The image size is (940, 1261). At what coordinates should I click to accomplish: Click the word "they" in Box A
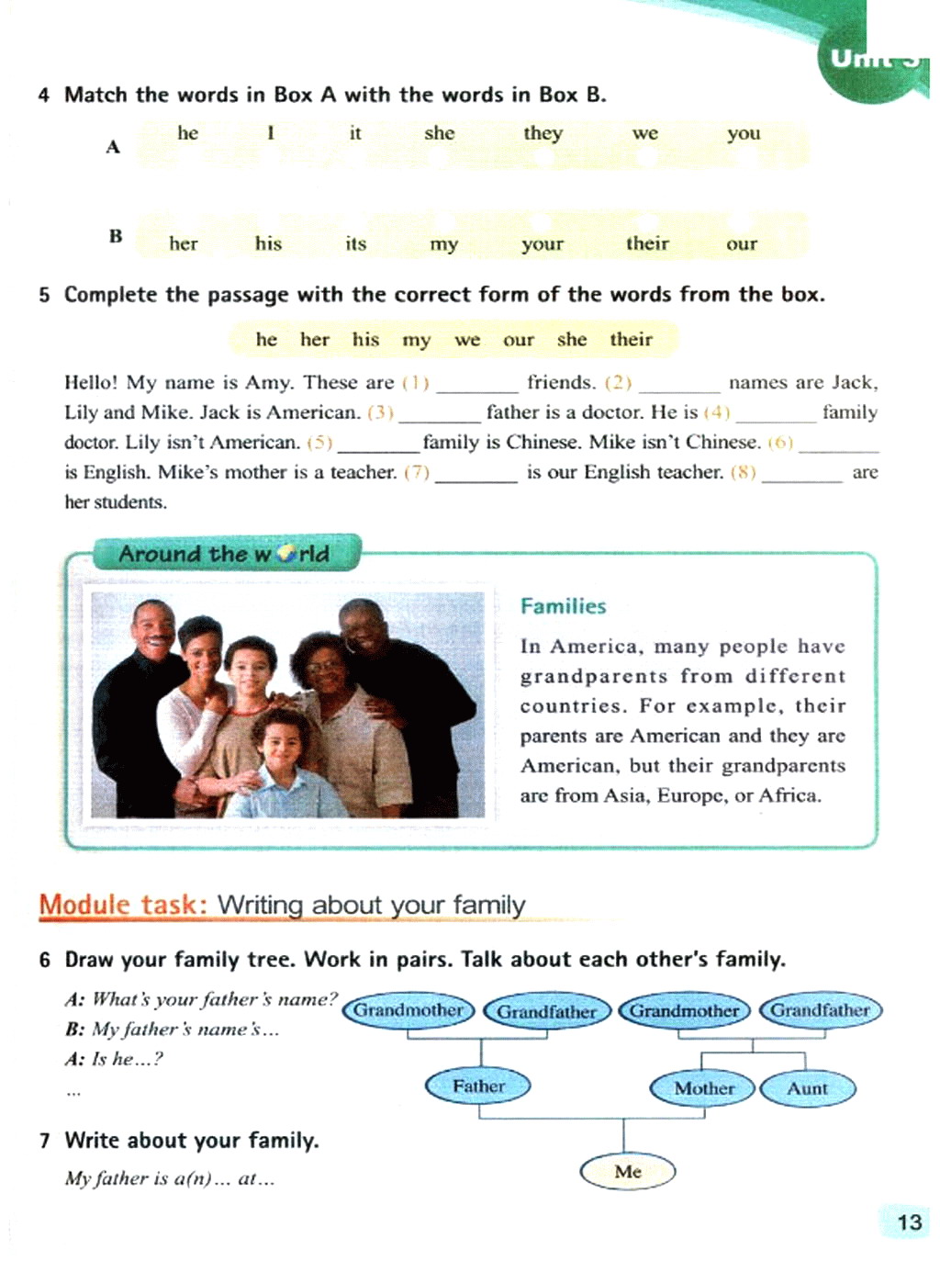tap(543, 133)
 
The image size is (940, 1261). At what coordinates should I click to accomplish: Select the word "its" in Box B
tap(355, 243)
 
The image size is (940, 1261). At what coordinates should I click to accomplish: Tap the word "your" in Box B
tap(542, 244)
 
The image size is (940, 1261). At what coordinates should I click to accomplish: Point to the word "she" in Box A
tap(439, 133)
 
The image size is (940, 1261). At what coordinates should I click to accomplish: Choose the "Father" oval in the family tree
tap(478, 1086)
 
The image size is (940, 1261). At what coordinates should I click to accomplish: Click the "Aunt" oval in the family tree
tap(807, 1088)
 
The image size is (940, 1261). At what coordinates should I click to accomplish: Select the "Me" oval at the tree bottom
tap(628, 1171)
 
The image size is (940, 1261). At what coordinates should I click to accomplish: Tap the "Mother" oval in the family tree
tap(703, 1088)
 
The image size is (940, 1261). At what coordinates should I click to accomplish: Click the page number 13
tap(909, 1222)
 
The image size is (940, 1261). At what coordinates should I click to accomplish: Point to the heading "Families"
tap(563, 606)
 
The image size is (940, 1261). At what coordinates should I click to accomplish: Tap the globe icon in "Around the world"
tap(286, 555)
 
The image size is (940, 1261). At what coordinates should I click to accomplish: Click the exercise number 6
tap(45, 960)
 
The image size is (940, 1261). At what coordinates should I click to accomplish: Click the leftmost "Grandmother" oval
tap(408, 1010)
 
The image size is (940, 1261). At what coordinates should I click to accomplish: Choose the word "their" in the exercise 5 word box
tap(631, 340)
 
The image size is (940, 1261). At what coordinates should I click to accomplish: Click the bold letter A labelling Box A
tap(113, 147)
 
